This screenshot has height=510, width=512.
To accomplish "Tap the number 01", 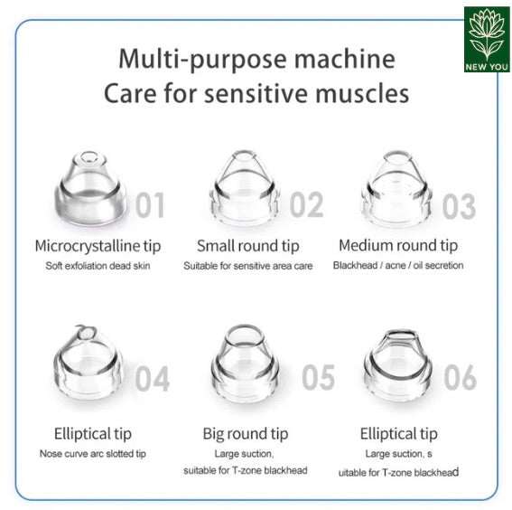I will point(150,205).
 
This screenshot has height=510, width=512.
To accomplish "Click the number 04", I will point(152,378).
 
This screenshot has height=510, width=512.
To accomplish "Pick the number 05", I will point(318,377).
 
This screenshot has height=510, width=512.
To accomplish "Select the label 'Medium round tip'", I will point(397,245).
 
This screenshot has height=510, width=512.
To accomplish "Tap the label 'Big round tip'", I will point(246,434).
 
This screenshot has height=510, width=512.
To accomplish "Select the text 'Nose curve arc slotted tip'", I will point(92,453).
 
